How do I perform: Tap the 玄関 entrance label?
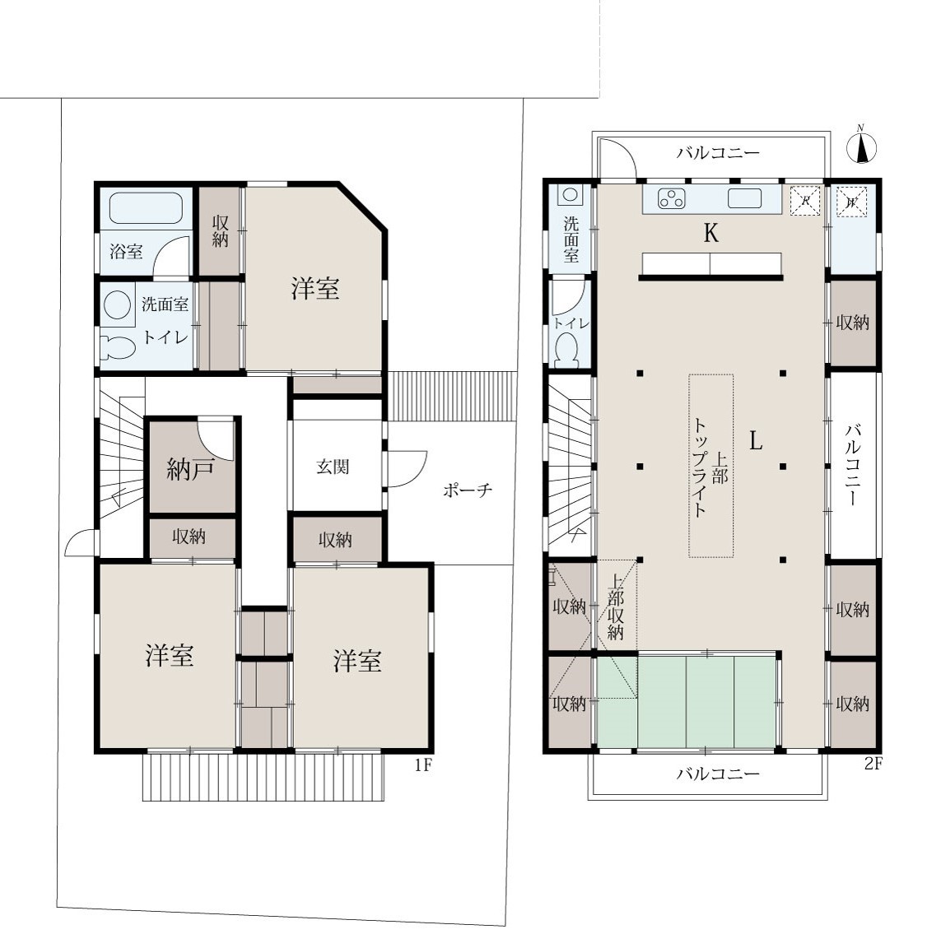point(333,467)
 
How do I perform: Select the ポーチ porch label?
point(468,490)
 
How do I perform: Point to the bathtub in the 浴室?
point(146,208)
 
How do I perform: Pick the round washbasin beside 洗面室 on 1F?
point(117,305)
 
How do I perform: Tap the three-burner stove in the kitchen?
point(672,198)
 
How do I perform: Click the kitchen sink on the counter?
point(744,198)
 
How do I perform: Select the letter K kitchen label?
point(711,233)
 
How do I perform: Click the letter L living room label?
point(756,441)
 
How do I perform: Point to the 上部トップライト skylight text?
point(710,467)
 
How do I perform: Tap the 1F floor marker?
point(423,765)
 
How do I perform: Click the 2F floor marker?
point(873,764)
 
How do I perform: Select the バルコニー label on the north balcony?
point(718,152)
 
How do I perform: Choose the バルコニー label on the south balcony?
point(718,774)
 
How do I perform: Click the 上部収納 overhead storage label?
point(616,606)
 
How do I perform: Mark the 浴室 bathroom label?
point(127,252)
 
